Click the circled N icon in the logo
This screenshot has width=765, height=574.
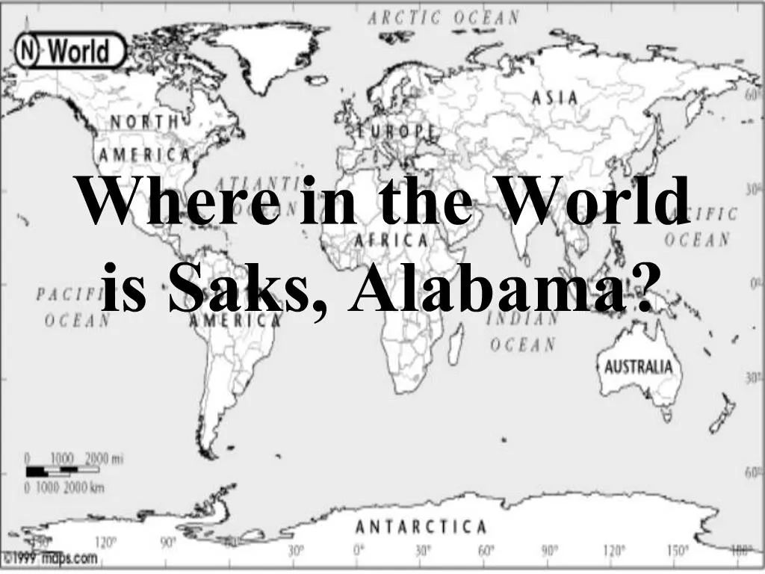pyautogui.click(x=28, y=52)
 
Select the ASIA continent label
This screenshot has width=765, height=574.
pyautogui.click(x=554, y=98)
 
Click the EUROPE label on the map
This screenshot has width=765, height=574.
pyautogui.click(x=396, y=131)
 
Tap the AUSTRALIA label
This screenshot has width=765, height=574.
pyautogui.click(x=638, y=368)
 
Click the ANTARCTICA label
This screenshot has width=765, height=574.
pyautogui.click(x=421, y=527)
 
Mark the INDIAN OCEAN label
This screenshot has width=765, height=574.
pyautogui.click(x=523, y=332)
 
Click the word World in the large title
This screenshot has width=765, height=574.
pyautogui.click(x=595, y=200)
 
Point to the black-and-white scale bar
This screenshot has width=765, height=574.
pyautogui.click(x=62, y=471)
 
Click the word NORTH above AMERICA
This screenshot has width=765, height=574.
pyautogui.click(x=145, y=122)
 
